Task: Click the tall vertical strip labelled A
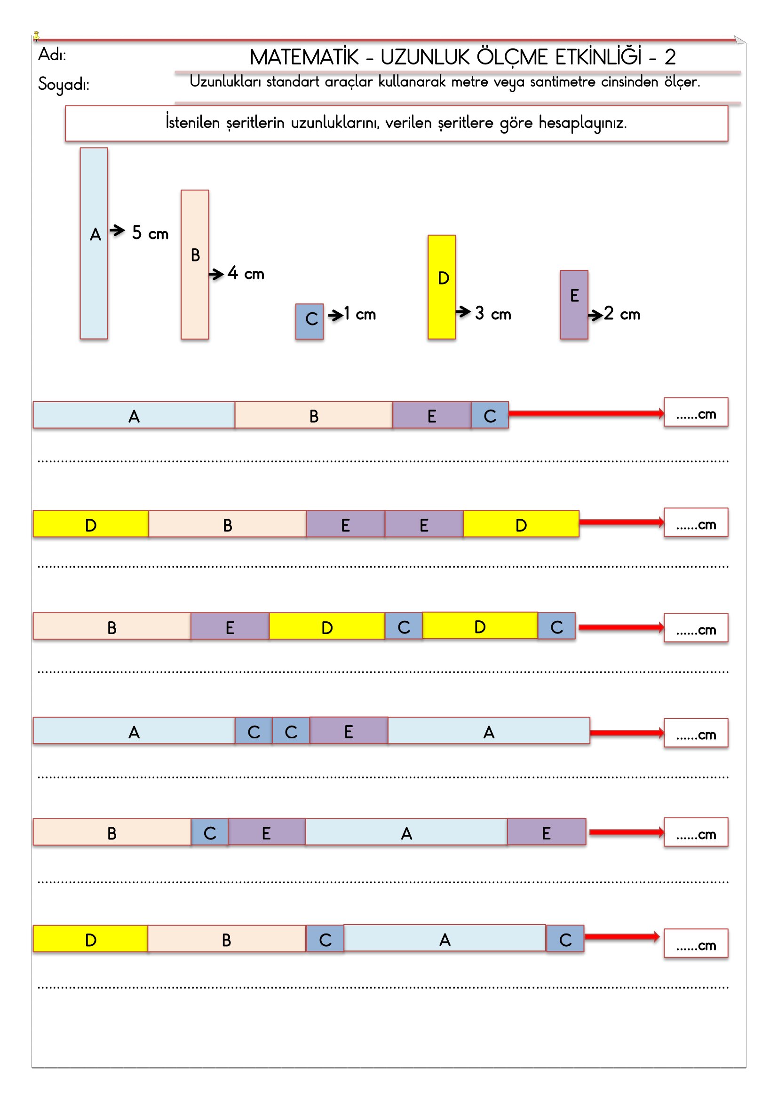coord(94,244)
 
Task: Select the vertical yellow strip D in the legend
coord(441,287)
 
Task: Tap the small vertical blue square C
coord(310,322)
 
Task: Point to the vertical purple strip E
coord(574,305)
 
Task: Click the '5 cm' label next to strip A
coord(150,233)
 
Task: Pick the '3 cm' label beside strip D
coord(493,314)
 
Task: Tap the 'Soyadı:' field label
coord(64,84)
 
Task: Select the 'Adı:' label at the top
coord(52,55)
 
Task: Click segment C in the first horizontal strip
coord(490,415)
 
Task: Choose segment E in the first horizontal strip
coord(432,415)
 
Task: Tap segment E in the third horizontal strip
coord(230,626)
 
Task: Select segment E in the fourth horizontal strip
coord(349,731)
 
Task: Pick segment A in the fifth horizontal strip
coord(406,833)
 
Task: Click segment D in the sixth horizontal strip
coord(90,940)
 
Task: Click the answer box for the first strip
coord(696,412)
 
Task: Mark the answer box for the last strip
coord(696,944)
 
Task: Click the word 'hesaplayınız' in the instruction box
coord(582,123)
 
